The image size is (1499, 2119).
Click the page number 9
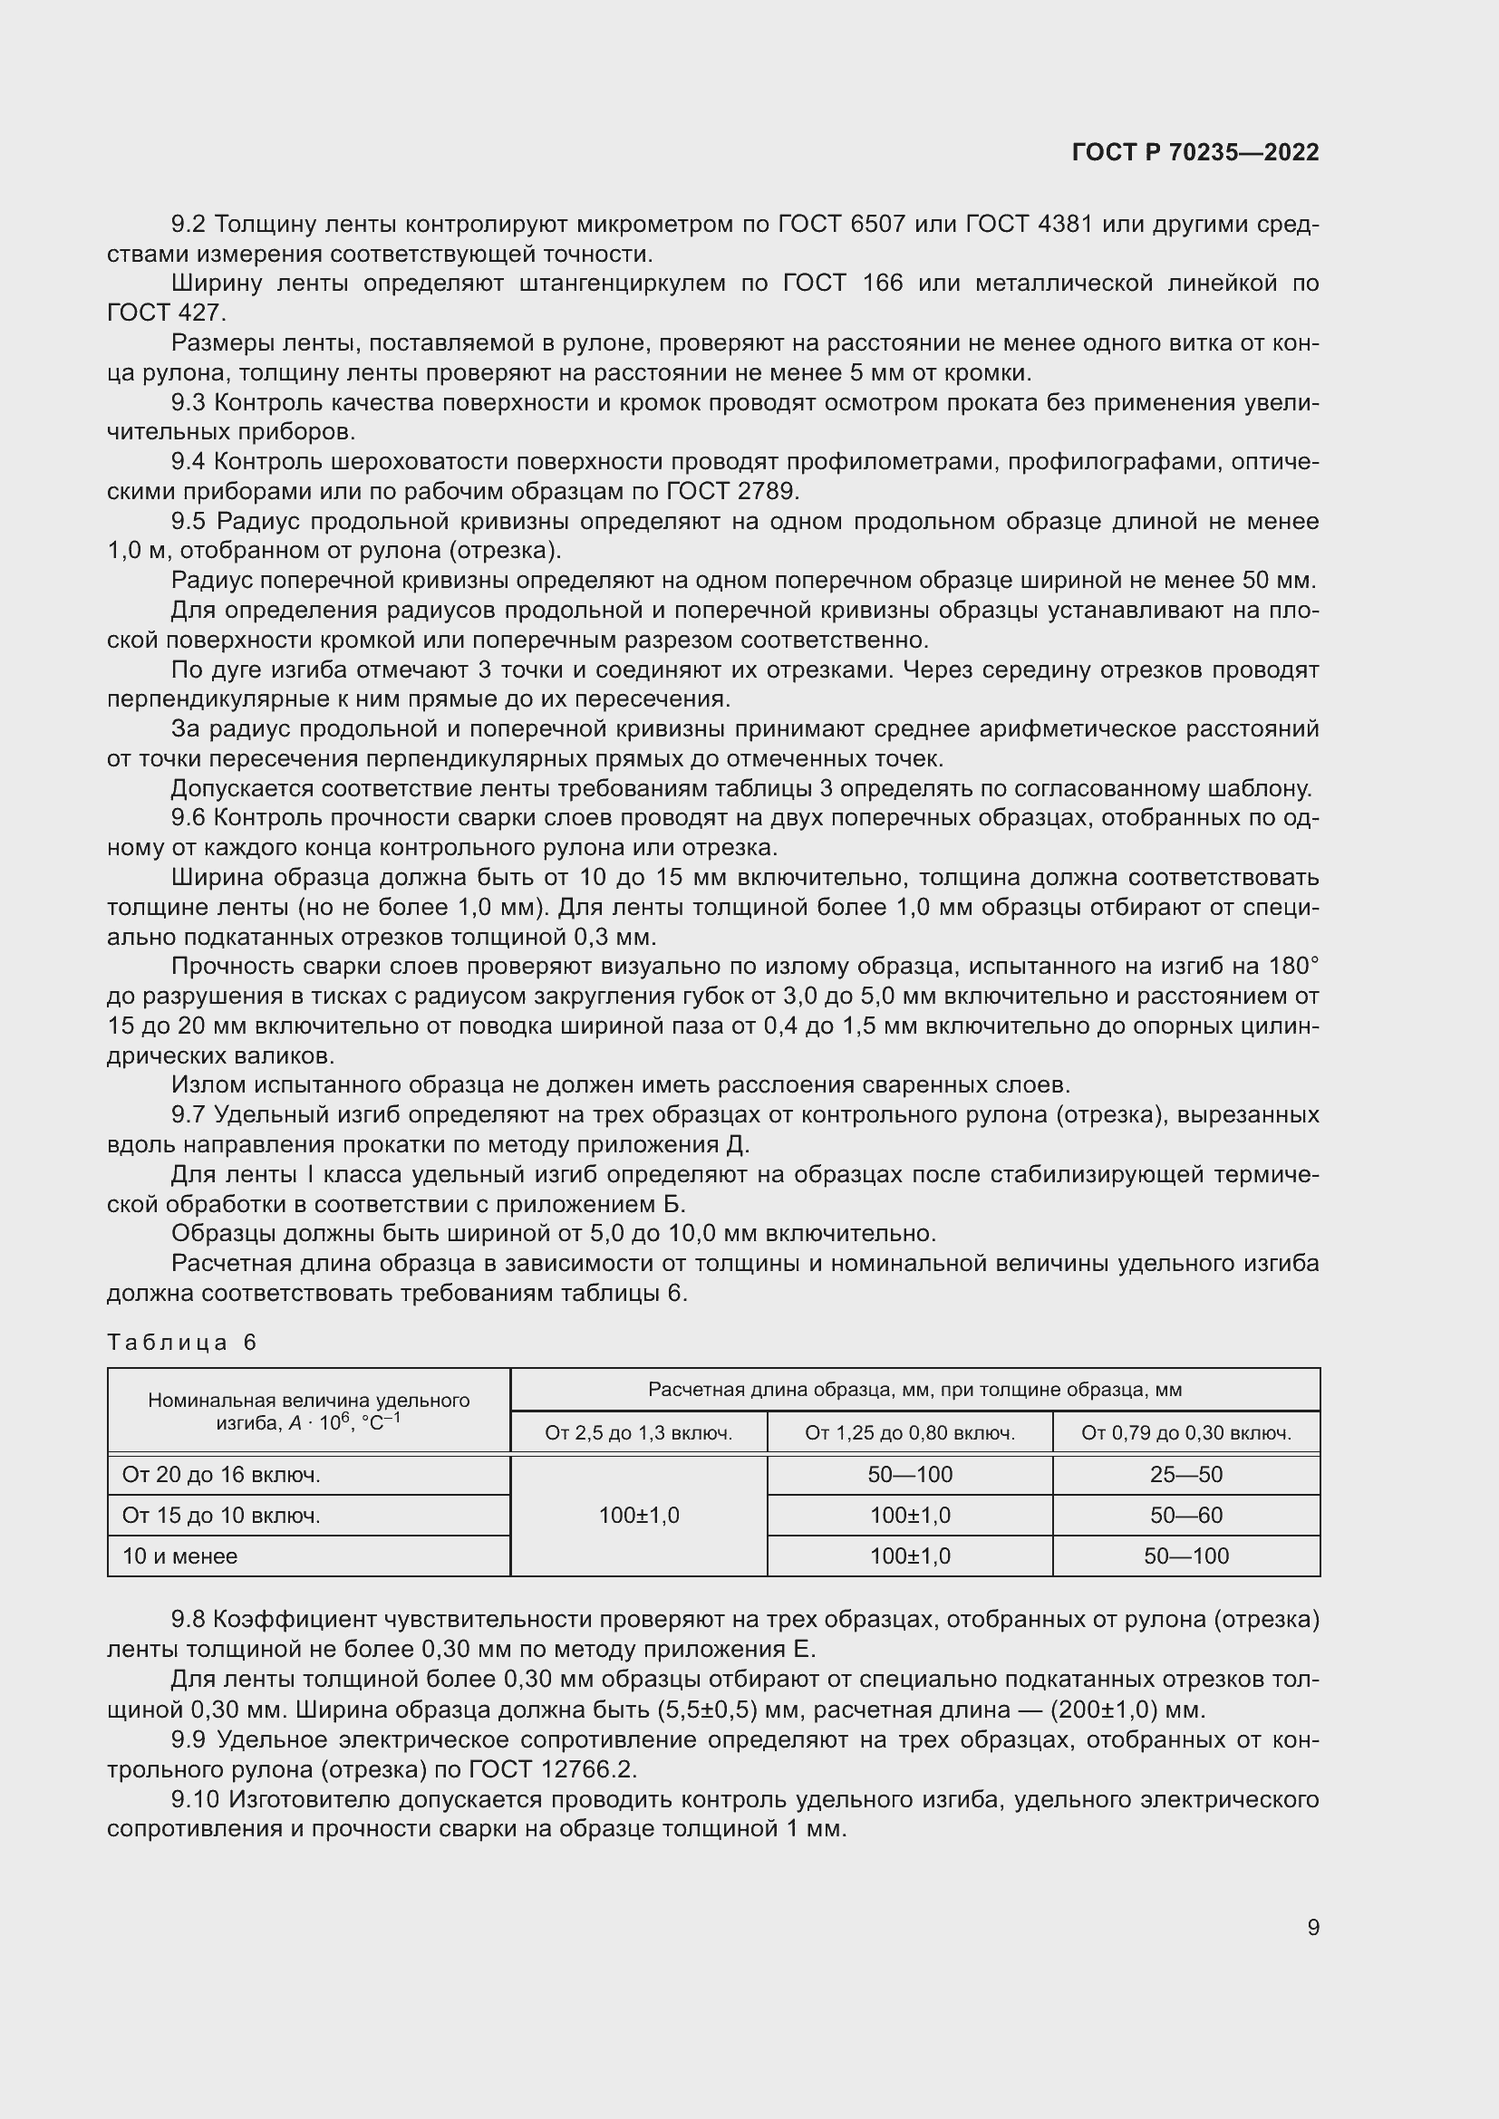1312,1927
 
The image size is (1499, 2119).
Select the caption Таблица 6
182,1342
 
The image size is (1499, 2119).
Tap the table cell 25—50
1185,1474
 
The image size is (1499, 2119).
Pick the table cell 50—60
1185,1515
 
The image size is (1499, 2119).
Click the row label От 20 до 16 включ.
220,1475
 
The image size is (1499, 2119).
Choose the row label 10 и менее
180,1556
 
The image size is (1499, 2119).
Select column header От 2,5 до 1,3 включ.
638,1433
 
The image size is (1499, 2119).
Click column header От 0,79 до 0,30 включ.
1185,1433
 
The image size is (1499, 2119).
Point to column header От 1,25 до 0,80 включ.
909,1433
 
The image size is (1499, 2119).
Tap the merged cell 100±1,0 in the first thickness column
638,1515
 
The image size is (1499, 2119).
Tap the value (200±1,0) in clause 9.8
1103,1710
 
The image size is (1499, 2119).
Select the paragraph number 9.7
189,1115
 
